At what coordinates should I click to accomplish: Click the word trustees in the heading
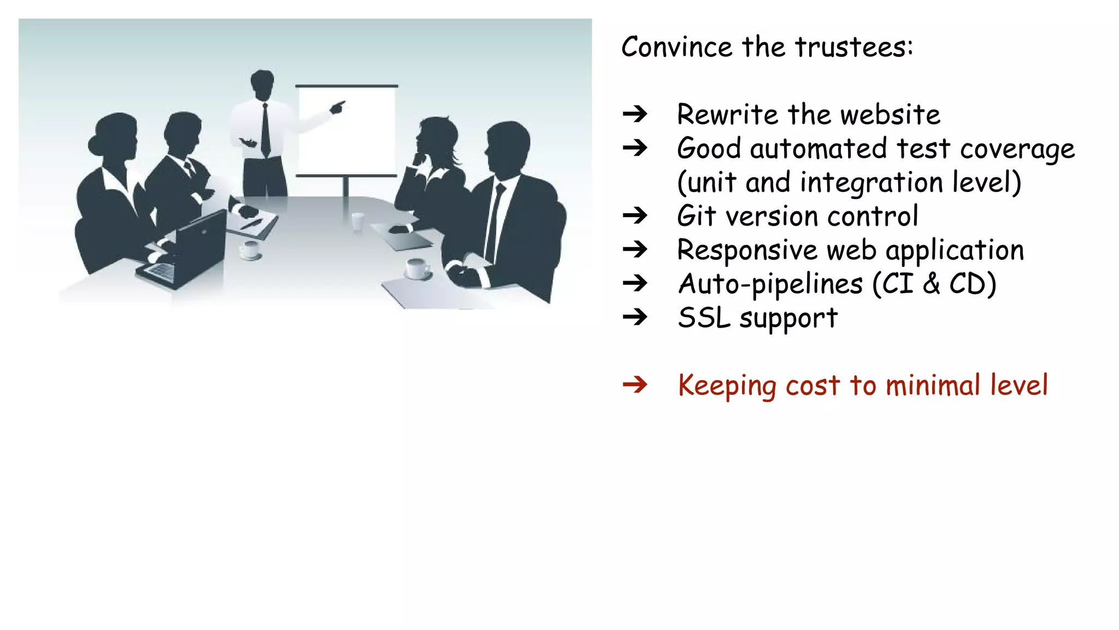(x=853, y=47)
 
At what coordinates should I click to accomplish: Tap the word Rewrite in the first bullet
(x=727, y=115)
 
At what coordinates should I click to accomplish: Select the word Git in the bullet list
(x=696, y=216)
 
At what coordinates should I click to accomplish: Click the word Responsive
(x=746, y=250)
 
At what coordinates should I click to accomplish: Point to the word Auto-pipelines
(x=770, y=284)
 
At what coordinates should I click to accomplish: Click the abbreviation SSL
(x=704, y=318)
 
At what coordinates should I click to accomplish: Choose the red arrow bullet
(x=635, y=386)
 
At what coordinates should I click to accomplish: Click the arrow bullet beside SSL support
(x=635, y=317)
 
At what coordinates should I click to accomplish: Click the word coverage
(x=1017, y=149)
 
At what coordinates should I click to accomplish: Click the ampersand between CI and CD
(x=931, y=284)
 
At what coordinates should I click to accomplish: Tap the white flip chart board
(x=346, y=131)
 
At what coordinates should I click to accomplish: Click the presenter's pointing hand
(x=338, y=107)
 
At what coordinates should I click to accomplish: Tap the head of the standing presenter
(x=262, y=83)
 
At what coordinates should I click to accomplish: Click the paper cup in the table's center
(x=357, y=221)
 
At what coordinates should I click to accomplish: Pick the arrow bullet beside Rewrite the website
(x=635, y=114)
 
